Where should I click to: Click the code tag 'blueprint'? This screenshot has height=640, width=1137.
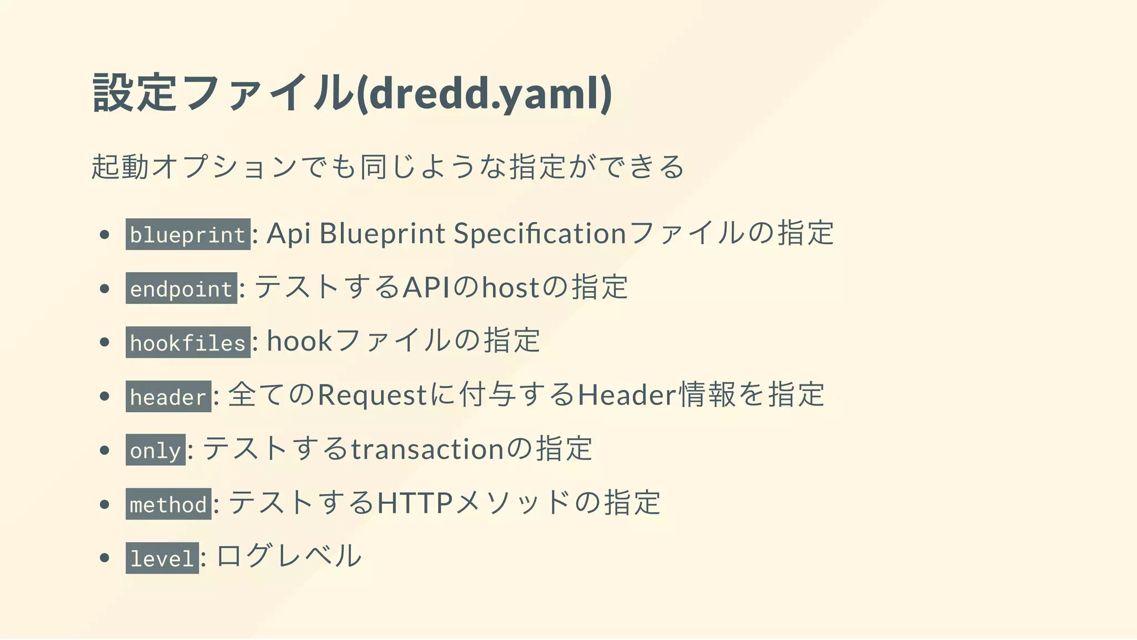188,234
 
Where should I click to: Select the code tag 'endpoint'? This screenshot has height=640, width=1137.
181,288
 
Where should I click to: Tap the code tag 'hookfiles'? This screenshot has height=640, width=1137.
188,342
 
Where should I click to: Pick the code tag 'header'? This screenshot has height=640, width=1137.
168,396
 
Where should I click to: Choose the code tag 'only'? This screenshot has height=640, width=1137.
155,450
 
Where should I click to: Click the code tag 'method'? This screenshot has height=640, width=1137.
168,504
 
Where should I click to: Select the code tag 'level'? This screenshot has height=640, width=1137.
162,558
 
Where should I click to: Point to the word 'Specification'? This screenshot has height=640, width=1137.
540,233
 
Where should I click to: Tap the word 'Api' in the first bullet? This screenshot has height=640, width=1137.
288,233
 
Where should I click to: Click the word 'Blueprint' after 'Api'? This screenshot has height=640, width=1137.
382,233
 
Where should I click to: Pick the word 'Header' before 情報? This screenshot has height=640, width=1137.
627,395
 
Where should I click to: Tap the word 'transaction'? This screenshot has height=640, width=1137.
427,449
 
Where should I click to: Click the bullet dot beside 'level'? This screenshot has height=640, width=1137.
104,558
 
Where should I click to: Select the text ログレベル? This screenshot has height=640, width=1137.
289,556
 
